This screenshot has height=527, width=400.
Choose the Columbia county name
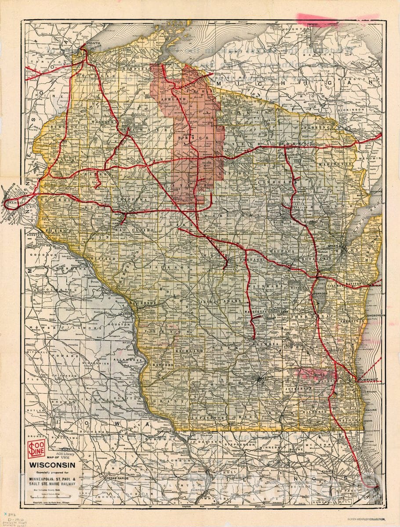pos(266,343)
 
